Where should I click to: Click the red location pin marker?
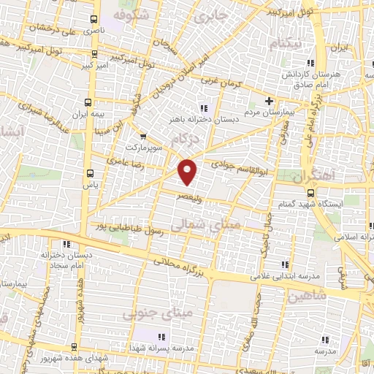188,171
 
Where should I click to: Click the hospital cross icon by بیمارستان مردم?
269,101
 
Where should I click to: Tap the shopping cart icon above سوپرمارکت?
142,136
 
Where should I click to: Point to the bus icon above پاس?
90,174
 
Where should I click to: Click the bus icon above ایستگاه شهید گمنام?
311,194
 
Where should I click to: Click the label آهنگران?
314,177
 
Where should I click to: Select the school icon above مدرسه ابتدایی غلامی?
285,264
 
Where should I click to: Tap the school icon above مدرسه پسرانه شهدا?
161,337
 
